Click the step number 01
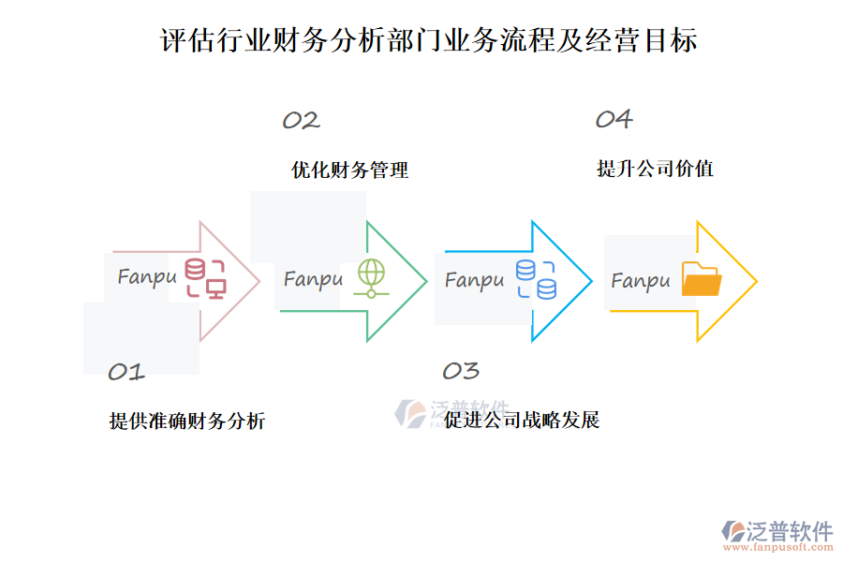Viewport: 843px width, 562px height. click(126, 372)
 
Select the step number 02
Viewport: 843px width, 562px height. click(301, 120)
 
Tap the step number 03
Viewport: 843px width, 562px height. click(461, 371)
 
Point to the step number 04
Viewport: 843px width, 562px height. click(614, 119)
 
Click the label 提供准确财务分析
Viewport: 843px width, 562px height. click(187, 421)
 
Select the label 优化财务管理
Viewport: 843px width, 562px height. click(350, 170)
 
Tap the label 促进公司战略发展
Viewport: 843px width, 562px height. click(522, 420)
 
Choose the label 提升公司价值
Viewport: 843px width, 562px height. click(656, 169)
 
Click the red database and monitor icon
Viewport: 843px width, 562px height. click(204, 278)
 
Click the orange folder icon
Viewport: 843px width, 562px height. click(702, 279)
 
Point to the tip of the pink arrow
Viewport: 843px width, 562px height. click(259, 280)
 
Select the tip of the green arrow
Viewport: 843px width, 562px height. click(425, 280)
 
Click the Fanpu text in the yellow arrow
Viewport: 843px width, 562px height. click(641, 280)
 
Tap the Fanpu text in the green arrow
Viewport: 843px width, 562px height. click(313, 279)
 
